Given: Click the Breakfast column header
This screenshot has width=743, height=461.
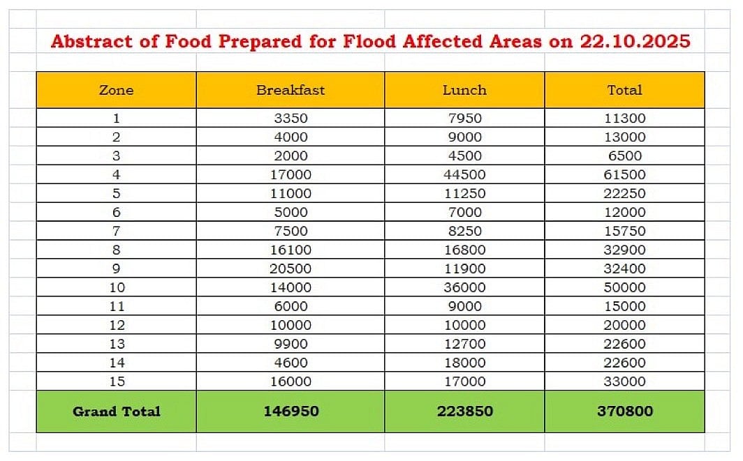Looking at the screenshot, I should pos(290,90).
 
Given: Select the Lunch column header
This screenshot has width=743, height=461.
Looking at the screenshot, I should pos(464,90).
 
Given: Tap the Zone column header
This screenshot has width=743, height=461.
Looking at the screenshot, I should pos(116,90).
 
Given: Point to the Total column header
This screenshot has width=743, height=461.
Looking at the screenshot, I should pos(624,90).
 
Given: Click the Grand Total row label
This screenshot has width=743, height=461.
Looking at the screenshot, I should pos(116,411).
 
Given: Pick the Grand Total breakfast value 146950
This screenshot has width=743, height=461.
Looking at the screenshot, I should pos(290,411).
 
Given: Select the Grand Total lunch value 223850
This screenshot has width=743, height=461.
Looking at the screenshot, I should pos(464,411).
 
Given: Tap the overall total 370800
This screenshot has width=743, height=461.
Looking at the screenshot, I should pos(624,411).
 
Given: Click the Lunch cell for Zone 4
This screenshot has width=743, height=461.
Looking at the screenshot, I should pos(464,174).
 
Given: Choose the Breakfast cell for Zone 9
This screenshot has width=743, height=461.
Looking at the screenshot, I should pos(290,269).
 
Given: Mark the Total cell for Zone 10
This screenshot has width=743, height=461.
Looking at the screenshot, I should pos(624,287).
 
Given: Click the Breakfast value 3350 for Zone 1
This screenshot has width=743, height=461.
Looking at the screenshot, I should pos(290,118).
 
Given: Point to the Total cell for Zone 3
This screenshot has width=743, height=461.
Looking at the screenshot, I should pos(624,156).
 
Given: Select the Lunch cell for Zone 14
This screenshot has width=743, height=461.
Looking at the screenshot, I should pos(464,363).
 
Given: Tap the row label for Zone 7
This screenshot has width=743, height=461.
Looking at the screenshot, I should pos(116,231).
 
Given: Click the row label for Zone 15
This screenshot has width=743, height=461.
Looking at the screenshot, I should pos(116,381).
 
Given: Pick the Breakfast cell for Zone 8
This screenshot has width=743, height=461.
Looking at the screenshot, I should pos(290,250).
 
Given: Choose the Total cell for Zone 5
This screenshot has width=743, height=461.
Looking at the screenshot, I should pos(624,193).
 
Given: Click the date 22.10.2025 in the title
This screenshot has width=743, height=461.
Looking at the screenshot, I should pos(635,41).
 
